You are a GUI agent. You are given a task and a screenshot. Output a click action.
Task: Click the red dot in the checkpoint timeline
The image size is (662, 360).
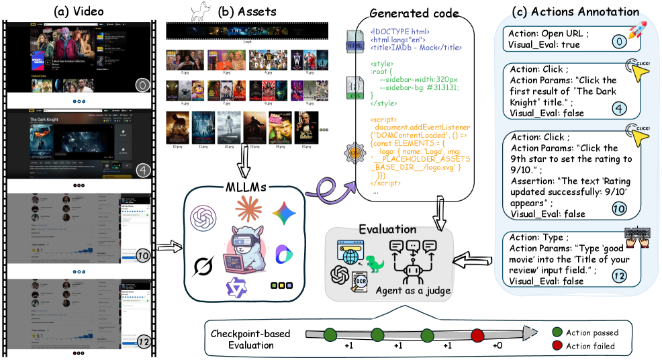[x=477, y=334]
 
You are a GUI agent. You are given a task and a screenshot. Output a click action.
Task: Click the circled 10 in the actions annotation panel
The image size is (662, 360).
[x=619, y=209]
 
